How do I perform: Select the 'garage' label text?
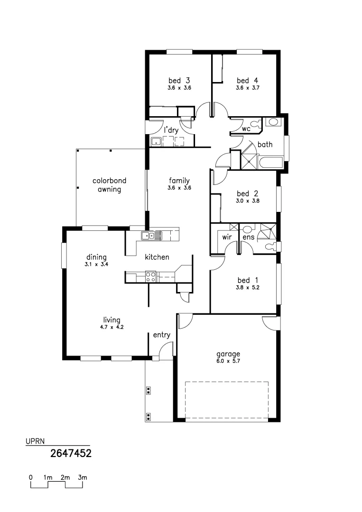(x=228, y=354)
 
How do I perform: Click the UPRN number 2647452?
(x=71, y=453)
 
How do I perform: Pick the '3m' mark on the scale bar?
(x=83, y=477)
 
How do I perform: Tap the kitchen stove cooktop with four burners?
(x=150, y=276)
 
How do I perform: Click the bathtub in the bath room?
(x=270, y=163)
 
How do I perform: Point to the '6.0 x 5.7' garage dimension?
(x=228, y=361)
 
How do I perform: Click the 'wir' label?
(x=226, y=237)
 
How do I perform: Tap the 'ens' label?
(x=248, y=237)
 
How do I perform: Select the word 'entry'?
(x=161, y=335)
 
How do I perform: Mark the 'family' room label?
(x=179, y=181)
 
